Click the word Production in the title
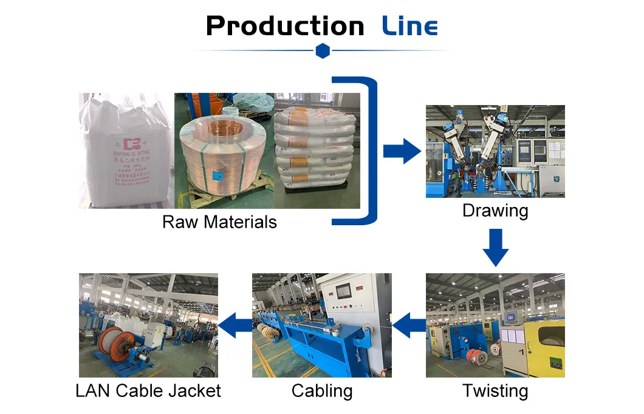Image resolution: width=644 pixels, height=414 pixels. [285, 26]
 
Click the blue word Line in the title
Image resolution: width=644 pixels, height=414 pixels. [410, 27]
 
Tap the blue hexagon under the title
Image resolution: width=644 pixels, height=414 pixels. [323, 52]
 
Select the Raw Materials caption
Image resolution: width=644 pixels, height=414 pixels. [219, 222]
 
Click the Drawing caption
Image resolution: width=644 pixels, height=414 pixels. [495, 211]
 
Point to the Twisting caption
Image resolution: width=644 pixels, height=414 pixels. [495, 391]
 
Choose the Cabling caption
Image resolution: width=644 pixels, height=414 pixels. [322, 391]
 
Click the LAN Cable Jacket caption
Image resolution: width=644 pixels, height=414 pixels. [148, 391]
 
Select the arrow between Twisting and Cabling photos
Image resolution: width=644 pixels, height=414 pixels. [409, 326]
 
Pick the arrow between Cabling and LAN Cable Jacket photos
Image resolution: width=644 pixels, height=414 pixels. [235, 326]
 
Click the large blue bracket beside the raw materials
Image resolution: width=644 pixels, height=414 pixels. [367, 151]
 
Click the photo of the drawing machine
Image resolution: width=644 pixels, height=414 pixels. [495, 151]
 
